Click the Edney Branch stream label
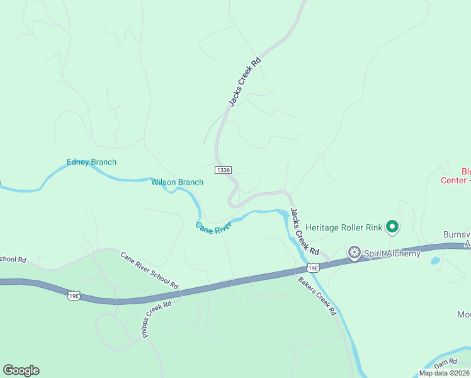coord(91,163)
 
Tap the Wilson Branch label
coord(177,183)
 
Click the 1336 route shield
coord(223,170)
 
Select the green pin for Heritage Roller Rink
coord(392,226)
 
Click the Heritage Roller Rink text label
coord(344,227)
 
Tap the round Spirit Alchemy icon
coord(355,253)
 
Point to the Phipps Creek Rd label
coord(157,320)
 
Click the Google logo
coord(21,370)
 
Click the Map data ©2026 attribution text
coord(444,373)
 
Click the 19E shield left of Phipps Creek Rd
coord(75,294)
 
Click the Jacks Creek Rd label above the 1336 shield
coord(244,82)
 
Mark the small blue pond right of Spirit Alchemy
coord(435,260)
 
